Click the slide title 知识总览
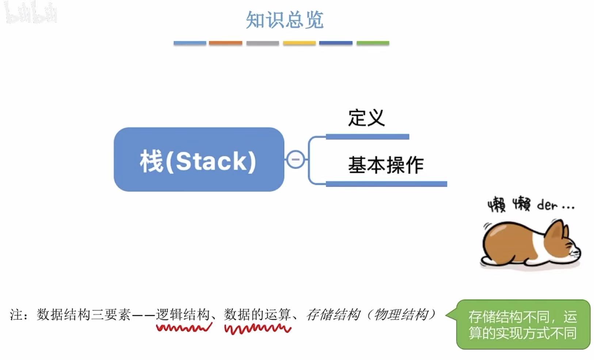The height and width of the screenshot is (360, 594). pos(285,20)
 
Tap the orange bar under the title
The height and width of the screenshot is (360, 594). pos(225,43)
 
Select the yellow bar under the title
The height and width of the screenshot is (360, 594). pos(299,43)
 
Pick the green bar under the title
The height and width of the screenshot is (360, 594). pos(373,43)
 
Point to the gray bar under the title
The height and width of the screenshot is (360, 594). pos(262,43)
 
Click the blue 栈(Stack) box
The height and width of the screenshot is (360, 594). pos(199,160)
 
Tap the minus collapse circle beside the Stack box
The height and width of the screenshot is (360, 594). pos(295,160)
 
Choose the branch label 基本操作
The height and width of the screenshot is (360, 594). pos(386,165)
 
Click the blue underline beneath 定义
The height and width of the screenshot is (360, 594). pos(367,137)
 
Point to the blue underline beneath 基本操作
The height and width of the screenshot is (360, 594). pos(386,184)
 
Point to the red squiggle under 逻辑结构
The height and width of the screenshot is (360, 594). pos(184,328)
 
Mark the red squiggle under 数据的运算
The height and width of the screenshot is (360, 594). pos(258,329)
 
